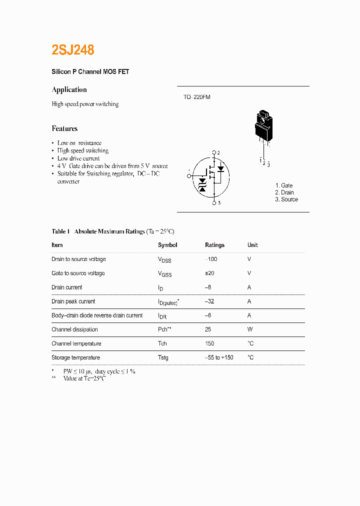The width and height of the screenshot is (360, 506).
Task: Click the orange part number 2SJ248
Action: [x=73, y=50]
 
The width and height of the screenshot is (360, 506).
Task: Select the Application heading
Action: [x=69, y=89]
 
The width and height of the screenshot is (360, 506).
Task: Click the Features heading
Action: [x=64, y=128]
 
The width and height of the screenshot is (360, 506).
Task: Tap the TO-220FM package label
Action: [x=196, y=97]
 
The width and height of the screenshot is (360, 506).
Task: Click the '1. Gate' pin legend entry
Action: [x=284, y=185]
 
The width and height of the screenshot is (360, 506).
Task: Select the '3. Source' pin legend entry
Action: [x=286, y=199]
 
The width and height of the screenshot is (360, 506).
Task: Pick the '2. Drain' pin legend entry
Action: [x=284, y=192]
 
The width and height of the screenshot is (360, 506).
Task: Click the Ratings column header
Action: [x=214, y=245]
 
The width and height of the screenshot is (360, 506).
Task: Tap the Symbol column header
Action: [x=167, y=245]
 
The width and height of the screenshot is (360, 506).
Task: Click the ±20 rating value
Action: [x=210, y=273]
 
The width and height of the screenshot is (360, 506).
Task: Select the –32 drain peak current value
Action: [x=209, y=301]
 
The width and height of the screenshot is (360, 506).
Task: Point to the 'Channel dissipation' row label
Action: [x=74, y=329]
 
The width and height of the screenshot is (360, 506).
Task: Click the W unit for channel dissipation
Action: [x=250, y=329]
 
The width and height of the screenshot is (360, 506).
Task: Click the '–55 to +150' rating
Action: [x=219, y=357]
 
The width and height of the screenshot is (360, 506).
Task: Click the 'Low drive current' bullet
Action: [x=78, y=158]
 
